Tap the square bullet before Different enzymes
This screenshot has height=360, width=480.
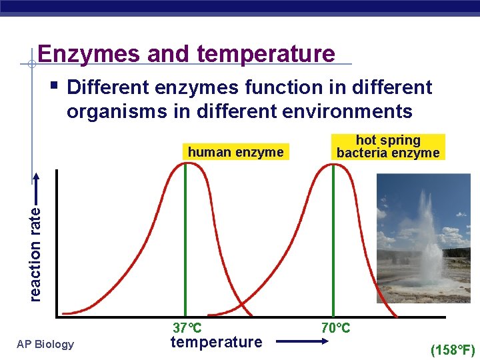tap(53, 85)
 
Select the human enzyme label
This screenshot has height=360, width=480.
tap(235, 152)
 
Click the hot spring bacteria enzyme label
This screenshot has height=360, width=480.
tap(388, 147)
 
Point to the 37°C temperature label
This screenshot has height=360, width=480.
tap(187, 328)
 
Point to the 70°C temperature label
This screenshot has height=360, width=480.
tap(335, 328)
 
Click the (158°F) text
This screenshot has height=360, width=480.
tap(453, 349)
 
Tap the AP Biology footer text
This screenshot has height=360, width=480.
tap(46, 344)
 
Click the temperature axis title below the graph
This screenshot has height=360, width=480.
tap(216, 343)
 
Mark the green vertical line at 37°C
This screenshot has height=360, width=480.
tap(185, 240)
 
